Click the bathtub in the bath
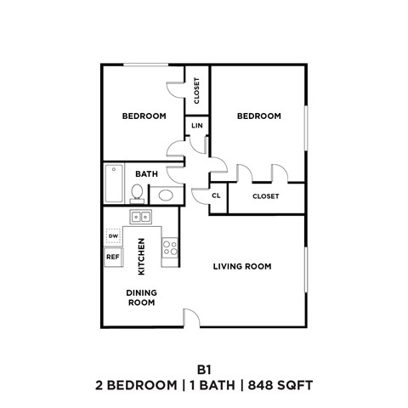pyautogui.click(x=113, y=182)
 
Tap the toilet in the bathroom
pyautogui.click(x=138, y=190)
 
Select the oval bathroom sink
pyautogui.click(x=167, y=194)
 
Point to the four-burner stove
pyautogui.click(x=169, y=248)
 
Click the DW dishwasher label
pyautogui.click(x=113, y=235)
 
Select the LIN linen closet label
pyautogui.click(x=197, y=126)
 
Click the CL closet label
pyautogui.click(x=217, y=195)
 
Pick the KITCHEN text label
pyautogui.click(x=141, y=257)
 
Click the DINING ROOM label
pyautogui.click(x=141, y=297)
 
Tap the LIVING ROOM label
pyautogui.click(x=241, y=266)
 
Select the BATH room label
pyautogui.click(x=147, y=174)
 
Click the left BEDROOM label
pyautogui.click(x=144, y=116)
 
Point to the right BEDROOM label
pyautogui.click(x=258, y=116)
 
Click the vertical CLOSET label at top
pyautogui.click(x=197, y=90)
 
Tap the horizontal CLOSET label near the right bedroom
pyautogui.click(x=266, y=195)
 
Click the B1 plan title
pyautogui.click(x=204, y=369)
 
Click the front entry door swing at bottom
pyautogui.click(x=192, y=318)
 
